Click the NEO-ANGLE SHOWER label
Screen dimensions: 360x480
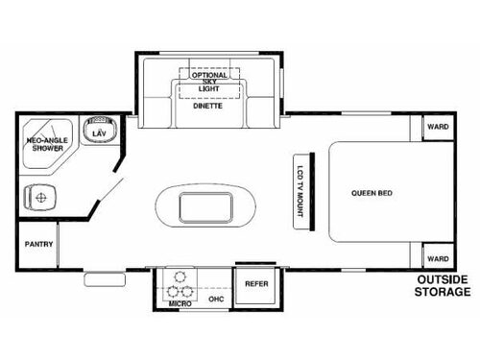[44, 144]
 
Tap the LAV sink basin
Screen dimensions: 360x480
[98, 132]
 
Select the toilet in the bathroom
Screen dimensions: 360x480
[39, 199]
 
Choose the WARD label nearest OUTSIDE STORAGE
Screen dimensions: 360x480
[438, 258]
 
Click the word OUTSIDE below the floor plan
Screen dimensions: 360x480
[442, 280]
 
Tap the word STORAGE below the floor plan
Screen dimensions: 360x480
[442, 293]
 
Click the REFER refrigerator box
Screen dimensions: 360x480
[256, 285]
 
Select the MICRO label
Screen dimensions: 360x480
[179, 303]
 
